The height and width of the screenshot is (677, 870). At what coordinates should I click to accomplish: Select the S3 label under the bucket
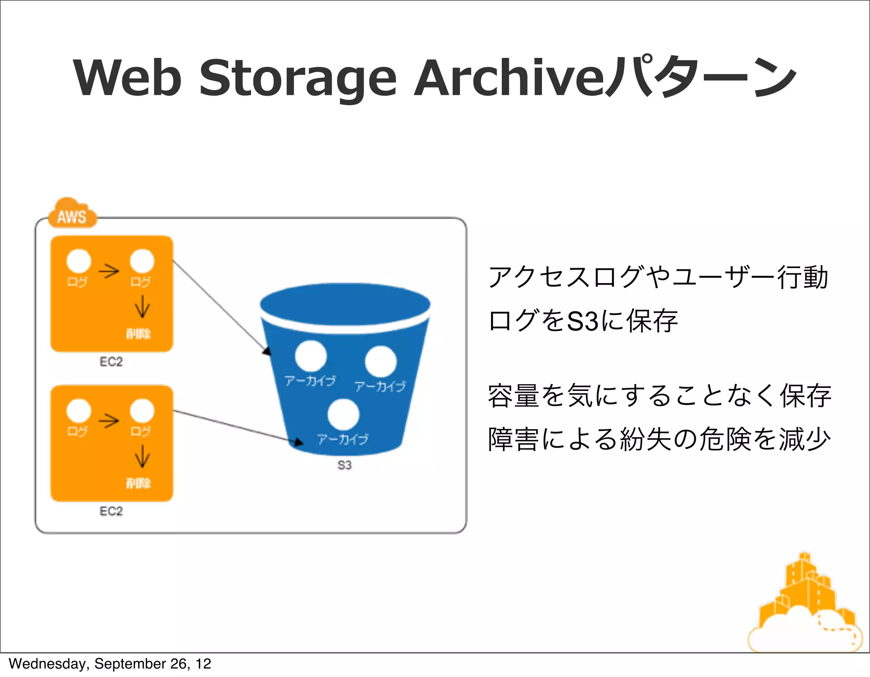point(345,465)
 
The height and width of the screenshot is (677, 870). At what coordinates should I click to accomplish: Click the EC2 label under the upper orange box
point(111,362)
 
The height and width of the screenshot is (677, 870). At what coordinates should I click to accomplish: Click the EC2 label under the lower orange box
point(111,511)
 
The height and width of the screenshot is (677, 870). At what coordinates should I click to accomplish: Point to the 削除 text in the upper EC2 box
point(138,333)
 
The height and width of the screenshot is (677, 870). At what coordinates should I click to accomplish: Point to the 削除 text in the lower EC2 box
point(138,483)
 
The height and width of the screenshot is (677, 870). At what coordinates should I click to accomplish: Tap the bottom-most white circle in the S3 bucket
point(343,414)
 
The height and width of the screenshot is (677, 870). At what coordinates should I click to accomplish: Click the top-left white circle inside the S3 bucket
point(311,356)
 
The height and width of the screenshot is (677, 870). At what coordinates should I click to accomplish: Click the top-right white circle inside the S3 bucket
point(381,361)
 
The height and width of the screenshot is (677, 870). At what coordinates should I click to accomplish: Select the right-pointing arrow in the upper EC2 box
point(109,271)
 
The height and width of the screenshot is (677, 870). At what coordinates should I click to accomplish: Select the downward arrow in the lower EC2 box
point(142,456)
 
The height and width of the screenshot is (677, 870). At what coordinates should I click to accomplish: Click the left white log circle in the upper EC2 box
point(79,261)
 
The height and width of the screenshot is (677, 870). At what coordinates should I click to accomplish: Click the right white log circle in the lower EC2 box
point(142,411)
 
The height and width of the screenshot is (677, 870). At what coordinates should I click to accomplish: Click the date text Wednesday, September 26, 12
point(110,664)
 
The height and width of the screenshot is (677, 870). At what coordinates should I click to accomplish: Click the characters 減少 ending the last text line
point(805,439)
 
